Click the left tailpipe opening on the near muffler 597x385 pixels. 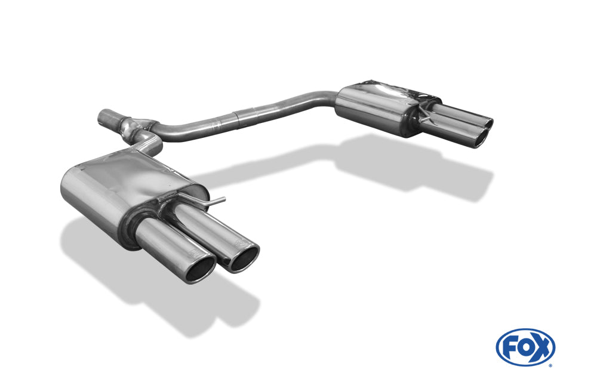[x=200, y=271]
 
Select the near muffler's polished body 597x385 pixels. [x=119, y=185]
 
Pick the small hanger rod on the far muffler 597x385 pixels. [x=425, y=116]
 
